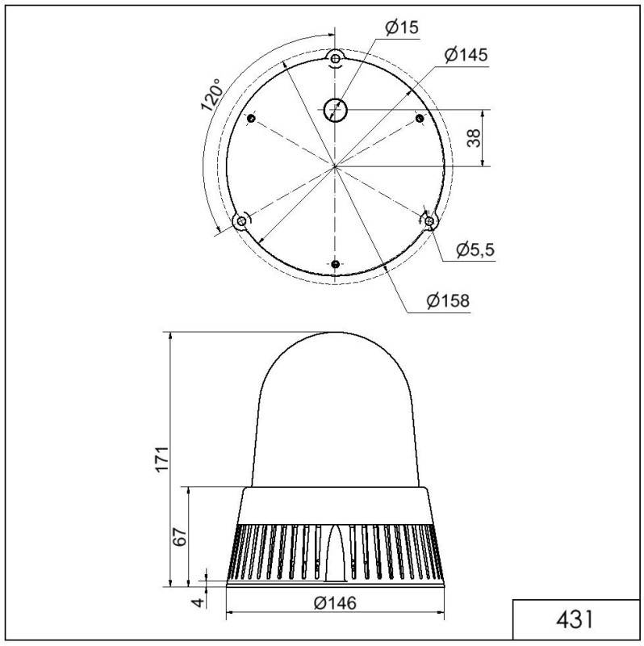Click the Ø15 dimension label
point(401,27)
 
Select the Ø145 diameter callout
point(466,55)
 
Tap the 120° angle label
point(211,95)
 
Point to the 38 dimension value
point(474,137)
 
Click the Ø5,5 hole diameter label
point(475,250)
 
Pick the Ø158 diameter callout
point(449,301)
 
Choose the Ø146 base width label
point(334,603)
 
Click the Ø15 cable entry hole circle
point(334,110)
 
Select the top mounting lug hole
point(336,57)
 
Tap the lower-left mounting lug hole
point(240,220)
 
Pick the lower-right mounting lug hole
point(429,220)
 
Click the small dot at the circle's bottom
point(336,264)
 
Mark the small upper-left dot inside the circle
point(251,120)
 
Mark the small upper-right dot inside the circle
point(419,120)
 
